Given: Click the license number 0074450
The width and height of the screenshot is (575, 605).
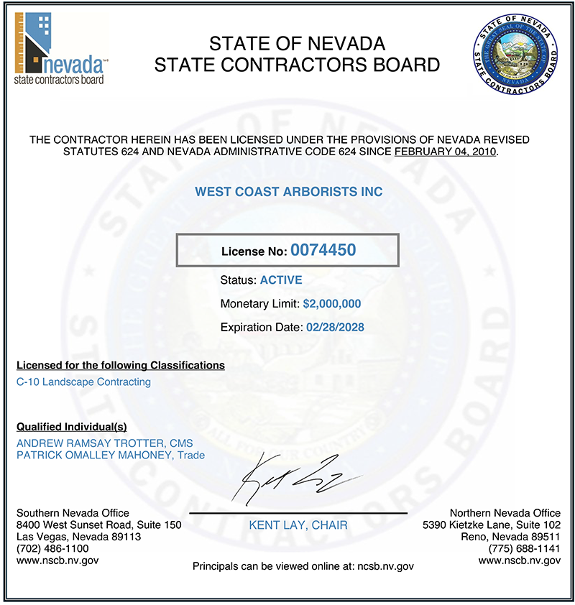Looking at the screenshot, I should pos(323,250).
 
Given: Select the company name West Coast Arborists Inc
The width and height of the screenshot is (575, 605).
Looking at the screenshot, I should pos(289,193).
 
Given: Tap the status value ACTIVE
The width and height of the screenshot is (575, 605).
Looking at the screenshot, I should pos(281,280).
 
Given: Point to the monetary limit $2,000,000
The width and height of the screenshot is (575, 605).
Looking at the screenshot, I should pos(332,304).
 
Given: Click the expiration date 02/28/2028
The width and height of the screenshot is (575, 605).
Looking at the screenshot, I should pos(335,328).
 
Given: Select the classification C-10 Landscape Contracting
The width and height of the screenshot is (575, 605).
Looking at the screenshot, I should pos(83,382).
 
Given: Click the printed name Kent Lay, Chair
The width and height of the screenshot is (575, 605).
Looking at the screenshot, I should pos(298,525).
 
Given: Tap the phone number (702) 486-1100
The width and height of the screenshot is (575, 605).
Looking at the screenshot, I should pos(52,548).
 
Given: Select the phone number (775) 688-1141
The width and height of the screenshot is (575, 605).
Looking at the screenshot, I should pos(523,548).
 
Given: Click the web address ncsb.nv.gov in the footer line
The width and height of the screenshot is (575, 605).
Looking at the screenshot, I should pos(385,566).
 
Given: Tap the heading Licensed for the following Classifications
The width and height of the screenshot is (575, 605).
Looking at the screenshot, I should pos(120,365).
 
